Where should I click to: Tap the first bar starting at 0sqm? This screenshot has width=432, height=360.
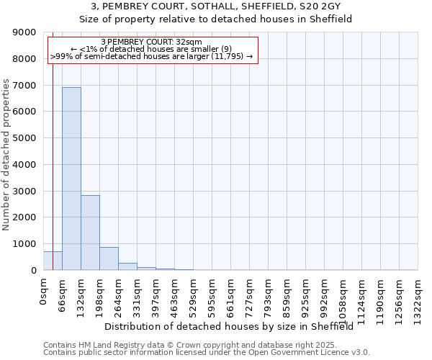coord(53,261)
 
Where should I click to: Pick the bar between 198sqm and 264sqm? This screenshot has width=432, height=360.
coord(109,258)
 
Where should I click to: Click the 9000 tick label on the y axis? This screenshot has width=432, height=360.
coord(24,32)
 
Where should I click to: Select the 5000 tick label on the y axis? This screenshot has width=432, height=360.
coord(24,138)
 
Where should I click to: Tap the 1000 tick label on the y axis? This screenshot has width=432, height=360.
coord(24,244)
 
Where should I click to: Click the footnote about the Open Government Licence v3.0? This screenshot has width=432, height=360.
coord(206,353)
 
